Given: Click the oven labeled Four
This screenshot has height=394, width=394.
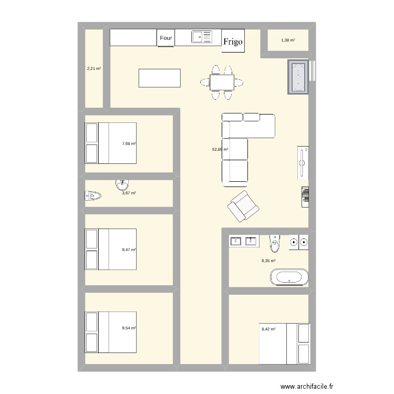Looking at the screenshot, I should coord(166,38).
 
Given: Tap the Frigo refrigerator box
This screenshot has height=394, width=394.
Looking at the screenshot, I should coord(233,41).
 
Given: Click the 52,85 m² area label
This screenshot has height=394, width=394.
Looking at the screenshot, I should coord(220,150).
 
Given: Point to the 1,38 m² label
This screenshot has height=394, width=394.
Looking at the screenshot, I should coord(287,40).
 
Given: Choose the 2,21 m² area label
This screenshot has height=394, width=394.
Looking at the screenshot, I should coord(94,68).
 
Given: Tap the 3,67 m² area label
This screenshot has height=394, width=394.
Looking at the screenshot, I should coord(129,193).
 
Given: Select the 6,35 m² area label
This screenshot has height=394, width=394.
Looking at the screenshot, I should coord(268,261).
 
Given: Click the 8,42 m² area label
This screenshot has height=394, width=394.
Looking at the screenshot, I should coord(268,329).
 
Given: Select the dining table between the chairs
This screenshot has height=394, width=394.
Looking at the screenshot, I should coord(222,82).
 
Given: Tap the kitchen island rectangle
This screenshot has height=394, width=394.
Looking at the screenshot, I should coord(158,78).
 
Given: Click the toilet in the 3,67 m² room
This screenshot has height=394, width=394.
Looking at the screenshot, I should coord(92,196).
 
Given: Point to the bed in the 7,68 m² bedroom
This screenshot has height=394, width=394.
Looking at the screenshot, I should coord(111,143).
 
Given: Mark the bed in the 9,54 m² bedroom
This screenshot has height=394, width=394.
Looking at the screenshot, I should coord(111,332).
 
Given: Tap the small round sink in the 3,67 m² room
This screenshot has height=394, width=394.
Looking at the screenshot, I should coord(122,184).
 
